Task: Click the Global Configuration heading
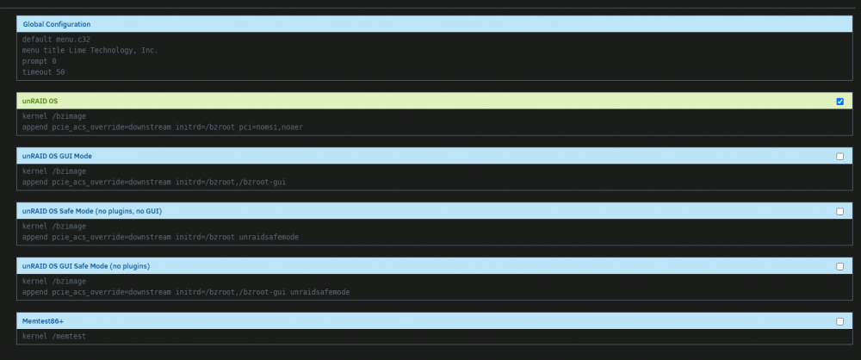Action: (x=57, y=24)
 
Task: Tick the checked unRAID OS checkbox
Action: (x=839, y=101)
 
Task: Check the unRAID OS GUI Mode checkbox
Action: (x=839, y=156)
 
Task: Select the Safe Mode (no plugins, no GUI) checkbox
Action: (x=839, y=211)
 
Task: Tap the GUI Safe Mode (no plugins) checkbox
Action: (x=839, y=266)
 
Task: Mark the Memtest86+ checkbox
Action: (x=839, y=321)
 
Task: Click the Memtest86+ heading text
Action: (x=43, y=321)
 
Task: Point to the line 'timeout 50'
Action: (x=43, y=72)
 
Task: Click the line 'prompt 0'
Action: (x=39, y=61)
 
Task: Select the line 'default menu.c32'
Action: (x=56, y=39)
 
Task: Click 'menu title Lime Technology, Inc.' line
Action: (x=90, y=50)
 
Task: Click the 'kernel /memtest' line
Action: (x=53, y=336)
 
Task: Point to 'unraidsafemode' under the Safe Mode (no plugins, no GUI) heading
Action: (x=269, y=237)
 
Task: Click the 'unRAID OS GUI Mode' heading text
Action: (x=57, y=156)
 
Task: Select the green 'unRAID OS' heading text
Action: (x=40, y=101)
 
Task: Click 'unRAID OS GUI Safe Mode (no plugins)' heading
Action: (x=86, y=266)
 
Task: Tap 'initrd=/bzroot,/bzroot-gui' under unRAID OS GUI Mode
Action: (x=231, y=182)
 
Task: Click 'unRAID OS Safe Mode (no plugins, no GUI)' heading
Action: (x=92, y=211)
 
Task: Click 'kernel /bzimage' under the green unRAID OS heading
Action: (x=53, y=116)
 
